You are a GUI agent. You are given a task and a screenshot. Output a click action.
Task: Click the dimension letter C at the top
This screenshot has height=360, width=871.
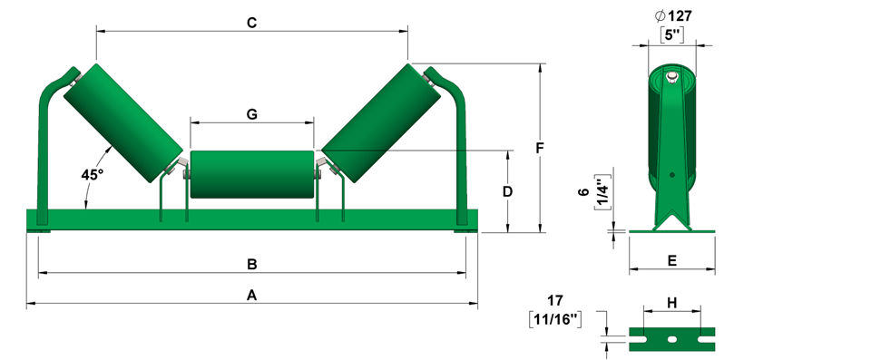click(251, 23)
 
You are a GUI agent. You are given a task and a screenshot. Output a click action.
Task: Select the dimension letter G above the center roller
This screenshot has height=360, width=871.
click(251, 114)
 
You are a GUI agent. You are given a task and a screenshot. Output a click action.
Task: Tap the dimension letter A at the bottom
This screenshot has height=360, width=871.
click(251, 296)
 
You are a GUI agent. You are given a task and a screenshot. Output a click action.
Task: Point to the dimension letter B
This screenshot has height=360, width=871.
click(251, 265)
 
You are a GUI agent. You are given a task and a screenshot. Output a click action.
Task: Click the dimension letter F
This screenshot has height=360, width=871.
click(539, 149)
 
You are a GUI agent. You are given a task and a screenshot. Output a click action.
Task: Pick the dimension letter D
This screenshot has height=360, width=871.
click(507, 191)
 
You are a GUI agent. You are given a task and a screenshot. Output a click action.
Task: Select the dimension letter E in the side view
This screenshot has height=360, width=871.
click(672, 261)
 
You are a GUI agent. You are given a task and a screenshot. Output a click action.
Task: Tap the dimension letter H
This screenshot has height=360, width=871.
click(672, 303)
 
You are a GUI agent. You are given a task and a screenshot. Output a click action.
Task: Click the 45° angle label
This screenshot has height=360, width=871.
click(93, 174)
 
